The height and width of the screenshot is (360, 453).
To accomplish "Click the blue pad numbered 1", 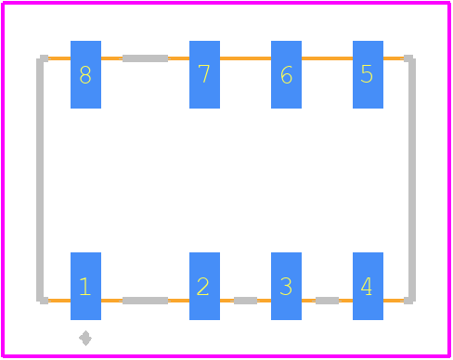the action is pyautogui.click(x=85, y=286).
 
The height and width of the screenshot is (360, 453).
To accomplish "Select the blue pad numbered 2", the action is pyautogui.click(x=204, y=286).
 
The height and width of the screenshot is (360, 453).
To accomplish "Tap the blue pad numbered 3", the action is pyautogui.click(x=286, y=286).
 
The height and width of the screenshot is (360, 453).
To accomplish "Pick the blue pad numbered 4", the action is pyautogui.click(x=368, y=286).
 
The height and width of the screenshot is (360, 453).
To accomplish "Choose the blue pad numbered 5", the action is pyautogui.click(x=368, y=74).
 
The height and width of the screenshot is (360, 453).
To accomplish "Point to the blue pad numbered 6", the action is pyautogui.click(x=286, y=74).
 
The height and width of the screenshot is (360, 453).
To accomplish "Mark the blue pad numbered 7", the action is pyautogui.click(x=204, y=74).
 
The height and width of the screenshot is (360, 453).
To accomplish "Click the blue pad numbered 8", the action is pyautogui.click(x=85, y=74).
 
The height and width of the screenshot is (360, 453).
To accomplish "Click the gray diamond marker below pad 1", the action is pyautogui.click(x=85, y=338).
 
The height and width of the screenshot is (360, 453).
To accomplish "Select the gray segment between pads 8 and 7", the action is pyautogui.click(x=145, y=58).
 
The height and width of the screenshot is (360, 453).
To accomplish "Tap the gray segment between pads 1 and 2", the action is pyautogui.click(x=145, y=301).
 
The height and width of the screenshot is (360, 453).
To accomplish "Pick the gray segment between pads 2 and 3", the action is pyautogui.click(x=245, y=301).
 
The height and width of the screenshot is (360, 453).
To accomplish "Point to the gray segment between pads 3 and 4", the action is pyautogui.click(x=327, y=301).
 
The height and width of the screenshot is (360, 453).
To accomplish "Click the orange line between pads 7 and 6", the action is pyautogui.click(x=245, y=58).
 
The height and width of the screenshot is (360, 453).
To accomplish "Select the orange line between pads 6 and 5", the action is pyautogui.click(x=327, y=58).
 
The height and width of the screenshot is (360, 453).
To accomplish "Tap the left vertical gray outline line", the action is pyautogui.click(x=40, y=179).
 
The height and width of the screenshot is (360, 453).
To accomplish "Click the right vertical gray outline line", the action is pyautogui.click(x=412, y=179).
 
